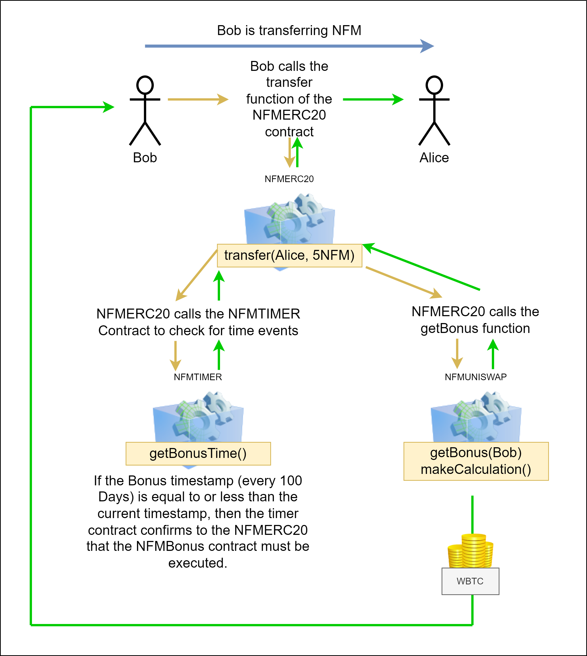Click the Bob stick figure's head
coord(145,85)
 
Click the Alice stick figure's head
coord(434,85)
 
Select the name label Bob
coord(145,158)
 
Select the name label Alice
coord(434,158)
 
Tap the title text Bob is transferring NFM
coord(289,31)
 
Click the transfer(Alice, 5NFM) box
coord(289,255)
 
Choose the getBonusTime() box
coord(198,453)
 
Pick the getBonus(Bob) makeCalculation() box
coord(476,461)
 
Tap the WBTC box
coord(470,581)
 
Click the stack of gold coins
coord(470,551)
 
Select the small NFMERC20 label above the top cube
coord(289,179)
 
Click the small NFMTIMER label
coord(198,377)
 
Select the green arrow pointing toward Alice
coord(373,99)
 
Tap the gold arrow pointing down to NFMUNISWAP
coord(457,354)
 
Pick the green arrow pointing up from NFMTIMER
coord(219,355)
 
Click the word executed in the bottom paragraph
coord(198,563)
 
